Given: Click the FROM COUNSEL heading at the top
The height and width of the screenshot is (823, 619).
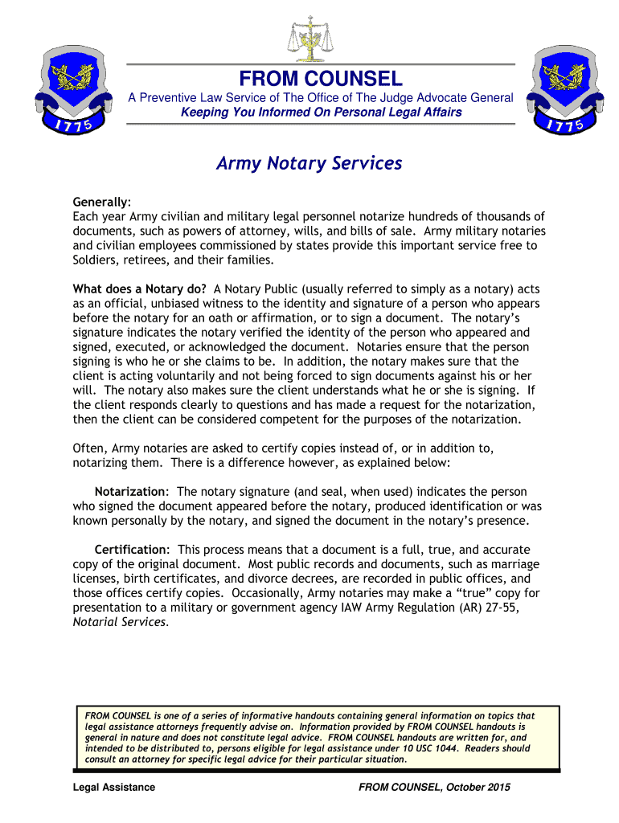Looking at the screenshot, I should coord(321,79).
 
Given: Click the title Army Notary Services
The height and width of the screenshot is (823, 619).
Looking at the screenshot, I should coord(309,163).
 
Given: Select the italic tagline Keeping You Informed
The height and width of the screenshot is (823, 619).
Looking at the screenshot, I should coord(321,112).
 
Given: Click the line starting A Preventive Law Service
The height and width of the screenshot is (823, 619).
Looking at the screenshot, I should coord(321,97).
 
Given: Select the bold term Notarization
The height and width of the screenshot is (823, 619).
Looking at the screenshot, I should coord(129,491).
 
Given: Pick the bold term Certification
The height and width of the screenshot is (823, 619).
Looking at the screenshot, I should coord(129,549).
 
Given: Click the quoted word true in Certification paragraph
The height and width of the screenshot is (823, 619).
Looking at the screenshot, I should coord(453,593).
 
